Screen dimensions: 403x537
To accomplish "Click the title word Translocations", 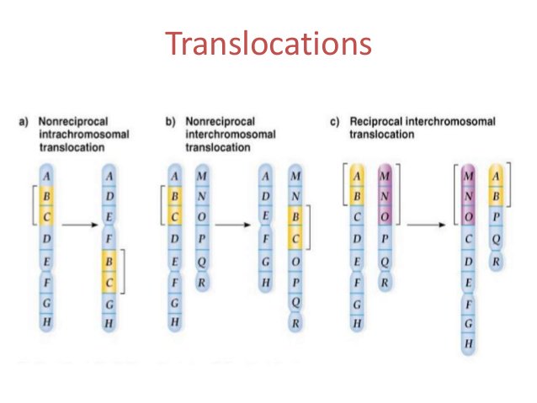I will pyautogui.click(x=268, y=43).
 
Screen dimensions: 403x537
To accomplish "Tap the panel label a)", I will pyautogui.click(x=25, y=122).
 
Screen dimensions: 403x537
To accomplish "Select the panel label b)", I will pyautogui.click(x=171, y=122).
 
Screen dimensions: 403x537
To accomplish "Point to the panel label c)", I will pyautogui.click(x=334, y=122).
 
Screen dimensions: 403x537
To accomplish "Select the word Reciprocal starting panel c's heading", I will pyautogui.click(x=378, y=122).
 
